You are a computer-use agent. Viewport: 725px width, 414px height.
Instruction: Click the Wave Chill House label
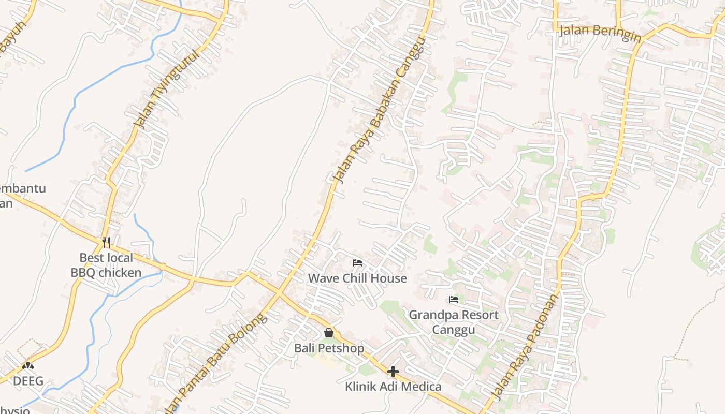(357, 278)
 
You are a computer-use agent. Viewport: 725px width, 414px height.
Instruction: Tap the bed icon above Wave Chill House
(357, 263)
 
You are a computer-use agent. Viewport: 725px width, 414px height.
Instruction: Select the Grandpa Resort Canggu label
(454, 322)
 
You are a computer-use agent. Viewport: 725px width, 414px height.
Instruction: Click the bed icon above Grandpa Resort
(454, 300)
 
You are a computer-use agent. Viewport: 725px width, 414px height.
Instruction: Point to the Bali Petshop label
(329, 348)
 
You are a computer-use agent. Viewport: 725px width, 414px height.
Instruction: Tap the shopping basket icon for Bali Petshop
(328, 333)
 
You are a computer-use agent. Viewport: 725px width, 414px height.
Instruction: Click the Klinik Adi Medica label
(393, 387)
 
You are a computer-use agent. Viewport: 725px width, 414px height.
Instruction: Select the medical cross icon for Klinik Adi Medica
(393, 372)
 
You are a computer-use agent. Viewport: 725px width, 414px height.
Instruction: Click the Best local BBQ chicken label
(106, 265)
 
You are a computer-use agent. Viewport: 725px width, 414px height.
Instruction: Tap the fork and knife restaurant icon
(106, 242)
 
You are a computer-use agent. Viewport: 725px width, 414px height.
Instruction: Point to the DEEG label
(28, 382)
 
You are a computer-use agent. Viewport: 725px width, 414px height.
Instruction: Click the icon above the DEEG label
(28, 366)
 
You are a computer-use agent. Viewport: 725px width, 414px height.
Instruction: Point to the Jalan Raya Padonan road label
(526, 347)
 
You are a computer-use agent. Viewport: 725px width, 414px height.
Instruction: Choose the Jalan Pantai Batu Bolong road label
(218, 362)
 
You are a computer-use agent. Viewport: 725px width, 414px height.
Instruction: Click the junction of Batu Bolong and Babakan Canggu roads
(280, 293)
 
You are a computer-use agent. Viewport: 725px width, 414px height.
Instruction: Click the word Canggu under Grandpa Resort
(454, 330)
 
